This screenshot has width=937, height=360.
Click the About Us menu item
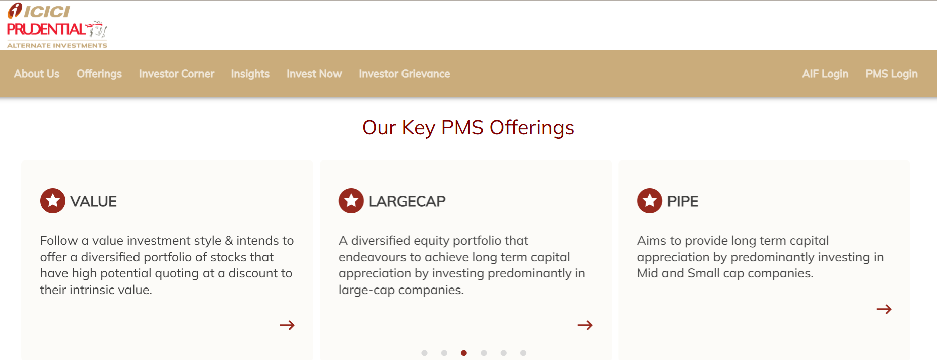(x=37, y=74)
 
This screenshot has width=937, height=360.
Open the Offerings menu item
(x=99, y=74)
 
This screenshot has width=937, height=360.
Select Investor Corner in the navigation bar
(x=176, y=74)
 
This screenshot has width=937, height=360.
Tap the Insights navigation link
(x=250, y=74)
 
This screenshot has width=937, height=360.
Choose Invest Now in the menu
(x=314, y=74)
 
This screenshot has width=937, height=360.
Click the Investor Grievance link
(x=405, y=74)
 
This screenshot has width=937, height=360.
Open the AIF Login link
(x=825, y=74)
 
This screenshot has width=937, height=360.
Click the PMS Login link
(x=892, y=74)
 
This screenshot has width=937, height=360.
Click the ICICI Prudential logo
(x=57, y=26)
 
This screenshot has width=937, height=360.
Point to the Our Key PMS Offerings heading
(x=468, y=128)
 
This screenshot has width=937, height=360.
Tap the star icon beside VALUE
(x=53, y=201)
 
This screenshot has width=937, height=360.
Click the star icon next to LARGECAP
(x=351, y=201)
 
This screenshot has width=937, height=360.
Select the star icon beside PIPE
(x=650, y=201)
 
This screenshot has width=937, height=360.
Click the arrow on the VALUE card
(x=287, y=325)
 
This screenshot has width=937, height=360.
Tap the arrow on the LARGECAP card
(x=585, y=325)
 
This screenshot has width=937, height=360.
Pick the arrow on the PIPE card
(x=884, y=309)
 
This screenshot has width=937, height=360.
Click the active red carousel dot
(x=464, y=353)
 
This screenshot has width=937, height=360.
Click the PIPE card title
(x=683, y=201)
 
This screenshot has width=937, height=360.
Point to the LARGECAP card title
(x=407, y=201)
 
